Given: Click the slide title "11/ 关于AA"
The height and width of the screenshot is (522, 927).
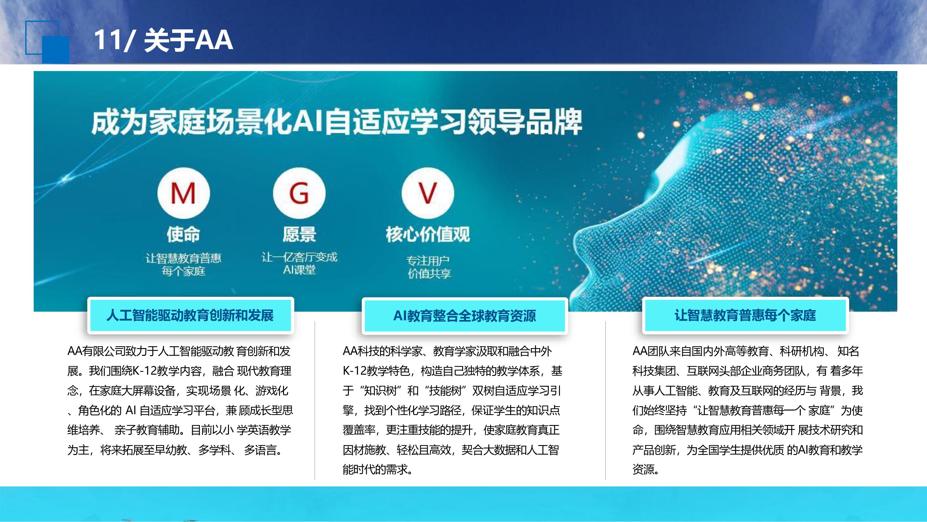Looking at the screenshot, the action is pos(163,40).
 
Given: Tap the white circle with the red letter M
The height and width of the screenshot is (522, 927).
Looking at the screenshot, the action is pos(184,193).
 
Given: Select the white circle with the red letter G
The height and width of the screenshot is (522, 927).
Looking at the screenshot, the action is pos(299,193).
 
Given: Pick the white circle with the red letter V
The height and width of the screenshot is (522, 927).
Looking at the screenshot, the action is pos(428,193).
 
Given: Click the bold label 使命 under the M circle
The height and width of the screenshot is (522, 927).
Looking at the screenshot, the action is pos(183,234).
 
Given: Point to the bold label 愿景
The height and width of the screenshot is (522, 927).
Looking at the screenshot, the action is pos(299,234).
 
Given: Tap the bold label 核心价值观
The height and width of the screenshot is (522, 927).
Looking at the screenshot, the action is pos(428,234).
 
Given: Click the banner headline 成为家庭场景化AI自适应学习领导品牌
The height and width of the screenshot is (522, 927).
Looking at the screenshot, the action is pos(337,122).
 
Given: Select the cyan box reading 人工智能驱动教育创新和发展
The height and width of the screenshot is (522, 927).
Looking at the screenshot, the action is pos(191,315).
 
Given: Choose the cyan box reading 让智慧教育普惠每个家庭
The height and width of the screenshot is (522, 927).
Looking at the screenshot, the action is pos(745,315).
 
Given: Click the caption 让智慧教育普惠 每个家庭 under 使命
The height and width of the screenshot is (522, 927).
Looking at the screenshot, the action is pos(183,264).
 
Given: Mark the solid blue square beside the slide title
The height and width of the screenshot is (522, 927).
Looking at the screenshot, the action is pos(55,49).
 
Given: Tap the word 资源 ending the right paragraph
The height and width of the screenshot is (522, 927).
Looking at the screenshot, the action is pos(645,469).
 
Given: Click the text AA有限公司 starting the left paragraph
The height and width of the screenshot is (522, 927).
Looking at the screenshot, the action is pos(96,351).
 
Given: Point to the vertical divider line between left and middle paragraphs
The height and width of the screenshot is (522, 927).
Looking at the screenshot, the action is pos(315,400).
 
